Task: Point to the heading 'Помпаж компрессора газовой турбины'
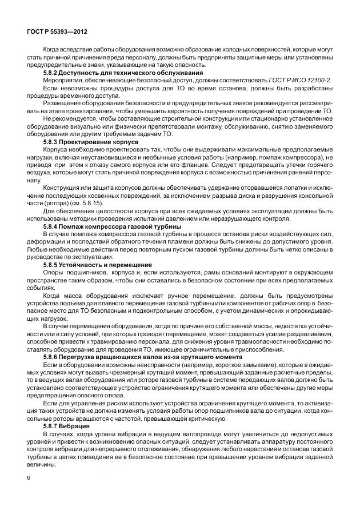click(122, 227)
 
